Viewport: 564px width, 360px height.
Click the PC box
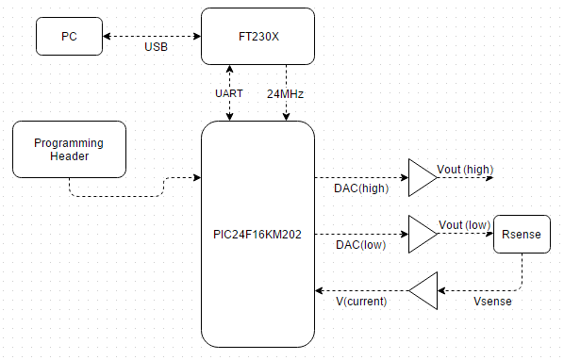(x=69, y=37)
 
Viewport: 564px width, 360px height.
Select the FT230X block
(x=257, y=37)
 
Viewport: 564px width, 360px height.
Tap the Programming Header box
(x=69, y=149)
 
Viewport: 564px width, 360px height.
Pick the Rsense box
(x=522, y=234)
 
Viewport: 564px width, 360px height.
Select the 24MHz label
(x=286, y=94)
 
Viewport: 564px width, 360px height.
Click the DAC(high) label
(x=359, y=188)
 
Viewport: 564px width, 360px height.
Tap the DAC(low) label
(x=359, y=245)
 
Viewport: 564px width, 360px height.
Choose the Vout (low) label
(x=464, y=224)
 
